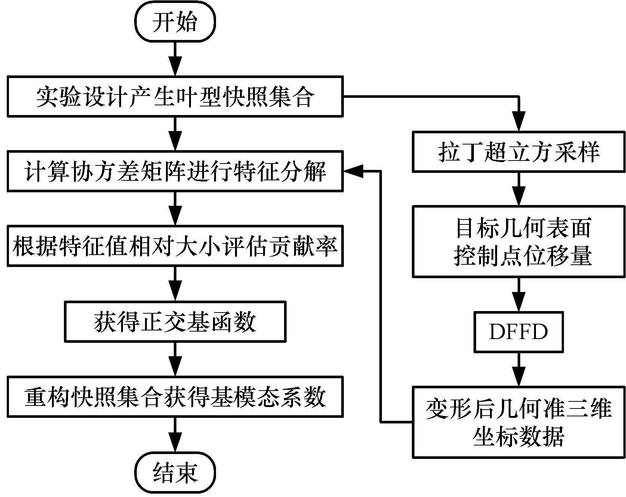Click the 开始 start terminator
coord(175,22)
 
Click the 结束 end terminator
coord(175,473)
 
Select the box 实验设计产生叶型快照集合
coord(175,97)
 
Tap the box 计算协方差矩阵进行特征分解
coord(175,171)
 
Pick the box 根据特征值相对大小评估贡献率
coord(175,246)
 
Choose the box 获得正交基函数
coord(175,322)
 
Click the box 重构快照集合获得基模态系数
coord(175,397)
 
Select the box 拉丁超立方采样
coord(519,152)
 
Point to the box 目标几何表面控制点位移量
coord(519,241)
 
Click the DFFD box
coord(519,332)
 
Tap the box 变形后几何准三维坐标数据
coord(519,422)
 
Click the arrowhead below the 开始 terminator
coord(175,67)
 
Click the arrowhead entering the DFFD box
coord(519,302)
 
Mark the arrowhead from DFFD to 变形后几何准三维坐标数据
coord(519,378)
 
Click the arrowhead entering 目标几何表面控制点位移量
coord(519,196)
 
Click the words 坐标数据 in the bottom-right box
coord(519,436)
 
